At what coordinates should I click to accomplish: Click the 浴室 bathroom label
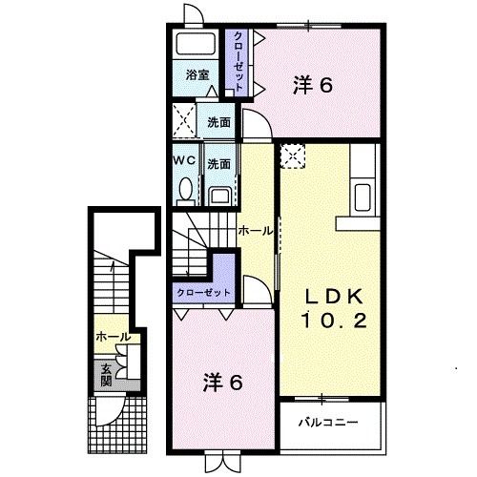coord(197,74)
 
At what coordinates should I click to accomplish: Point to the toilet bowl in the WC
coord(184,193)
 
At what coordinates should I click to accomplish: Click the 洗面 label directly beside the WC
coord(218,162)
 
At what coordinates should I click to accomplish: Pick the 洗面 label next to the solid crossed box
coord(218,123)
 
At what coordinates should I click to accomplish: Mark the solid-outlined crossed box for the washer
coord(184,123)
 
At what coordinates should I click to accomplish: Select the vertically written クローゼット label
coord(238,60)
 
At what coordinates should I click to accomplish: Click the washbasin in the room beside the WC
coord(218,196)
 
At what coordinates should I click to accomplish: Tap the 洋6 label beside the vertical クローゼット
coord(311,84)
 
